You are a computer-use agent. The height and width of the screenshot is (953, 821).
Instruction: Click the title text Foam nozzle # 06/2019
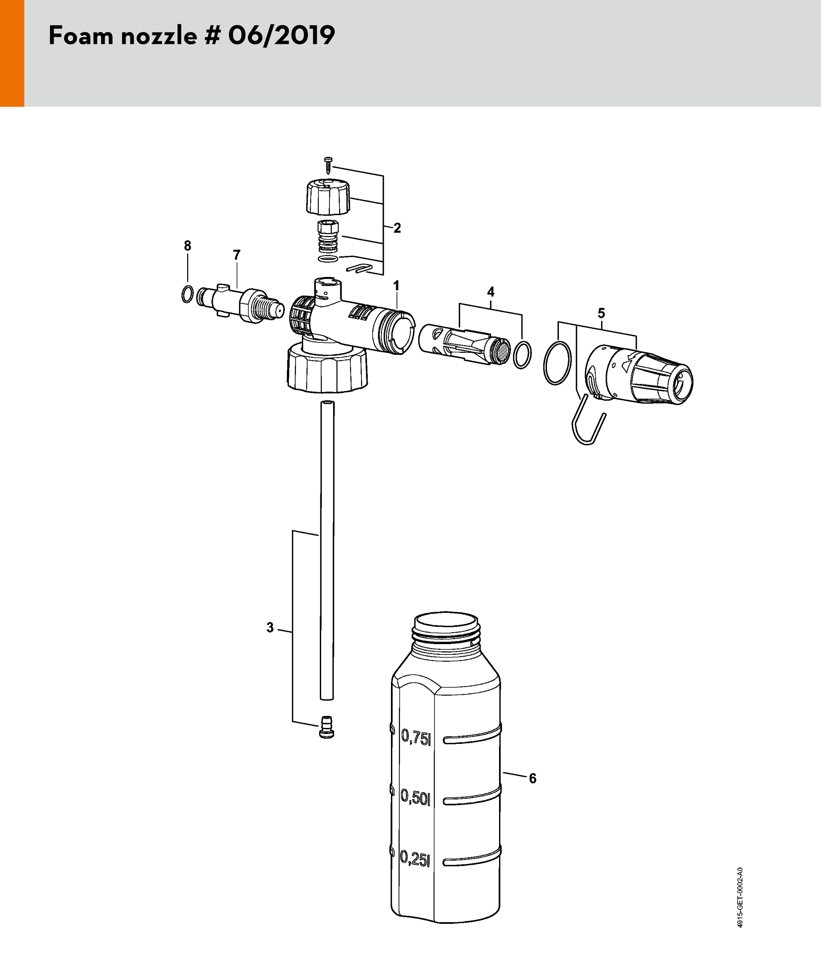(x=192, y=36)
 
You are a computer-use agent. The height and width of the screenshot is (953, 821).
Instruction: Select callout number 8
(x=187, y=246)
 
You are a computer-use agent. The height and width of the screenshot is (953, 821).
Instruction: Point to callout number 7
(x=237, y=255)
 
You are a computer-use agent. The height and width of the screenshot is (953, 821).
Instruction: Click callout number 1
(x=396, y=286)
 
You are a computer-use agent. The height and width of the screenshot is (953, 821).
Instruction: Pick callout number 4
(x=491, y=292)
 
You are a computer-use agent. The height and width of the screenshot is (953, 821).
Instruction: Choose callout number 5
(x=601, y=313)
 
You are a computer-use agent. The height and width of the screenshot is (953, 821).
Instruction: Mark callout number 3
(x=270, y=628)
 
